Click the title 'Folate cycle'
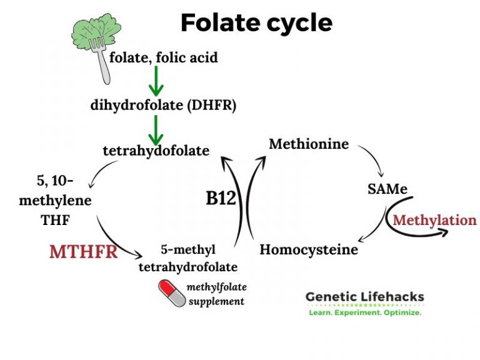pos(256,23)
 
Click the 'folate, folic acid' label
pos(164,57)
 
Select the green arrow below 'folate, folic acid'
pos(156,81)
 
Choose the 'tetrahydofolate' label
pos(156,150)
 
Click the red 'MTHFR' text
pos(84,252)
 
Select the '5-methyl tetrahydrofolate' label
pos(187,258)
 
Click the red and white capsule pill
pos(172,291)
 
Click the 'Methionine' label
pos(309,144)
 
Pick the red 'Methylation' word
pos(434,220)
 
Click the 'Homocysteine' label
pos(309,250)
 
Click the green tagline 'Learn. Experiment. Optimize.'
pos(364,312)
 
